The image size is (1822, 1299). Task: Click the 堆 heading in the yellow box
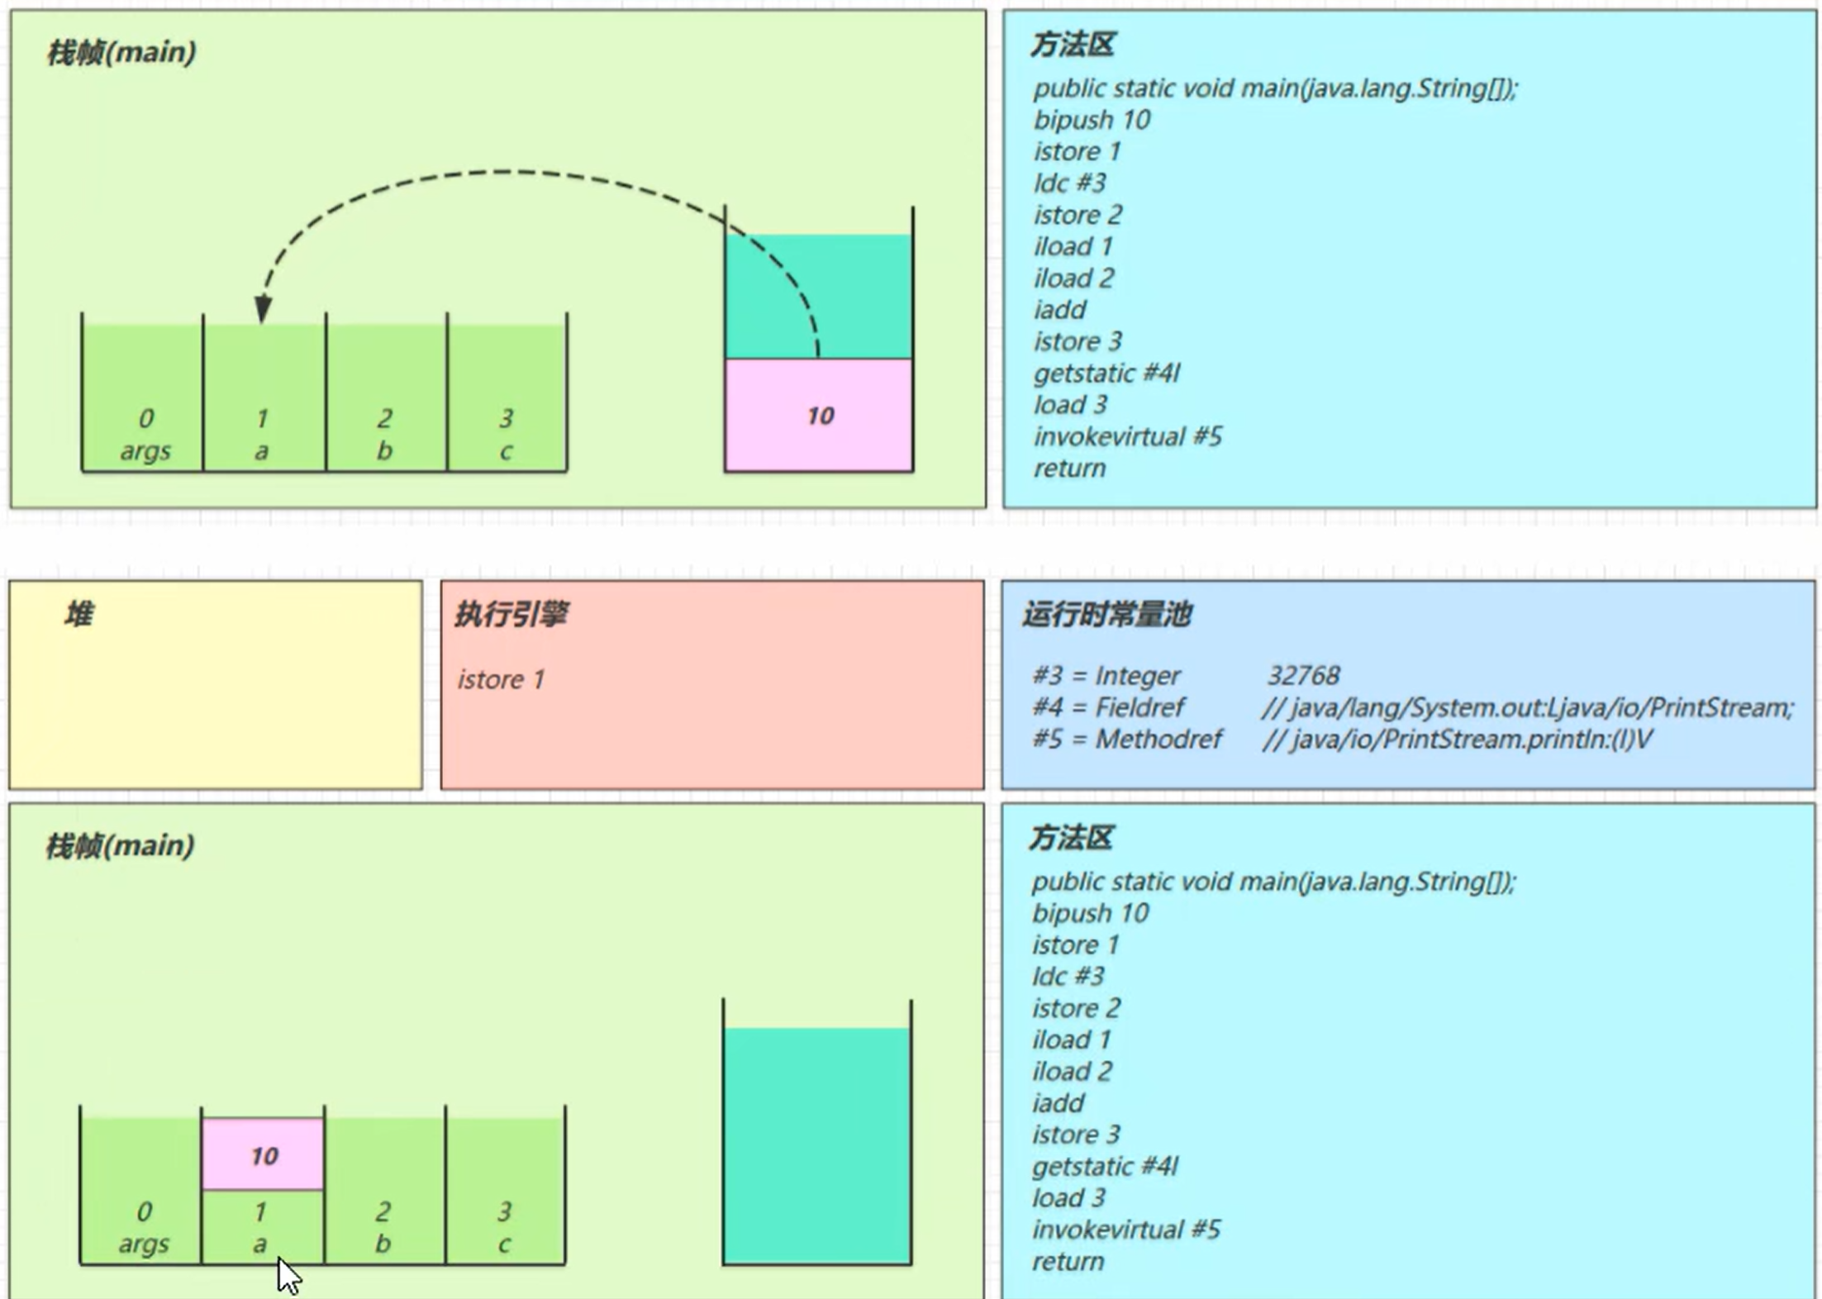click(x=79, y=614)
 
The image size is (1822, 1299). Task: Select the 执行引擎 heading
click(x=511, y=614)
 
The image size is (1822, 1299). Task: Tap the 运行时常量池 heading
click(x=1106, y=614)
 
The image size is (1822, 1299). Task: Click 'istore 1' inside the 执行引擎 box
click(x=501, y=679)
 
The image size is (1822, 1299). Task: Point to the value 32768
click(x=1303, y=675)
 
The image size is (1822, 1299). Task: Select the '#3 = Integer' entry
click(x=1106, y=675)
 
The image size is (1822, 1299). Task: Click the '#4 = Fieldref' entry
click(x=1108, y=707)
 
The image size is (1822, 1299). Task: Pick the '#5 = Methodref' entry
click(x=1127, y=739)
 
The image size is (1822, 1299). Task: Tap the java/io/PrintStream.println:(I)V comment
click(x=1458, y=739)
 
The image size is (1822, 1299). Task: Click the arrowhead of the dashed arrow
click(x=263, y=309)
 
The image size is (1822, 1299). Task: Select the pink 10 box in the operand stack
click(x=819, y=415)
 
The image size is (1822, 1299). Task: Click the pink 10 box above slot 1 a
click(x=264, y=1154)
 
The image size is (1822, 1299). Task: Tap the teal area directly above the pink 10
click(x=819, y=296)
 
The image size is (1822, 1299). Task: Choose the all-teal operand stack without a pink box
click(x=817, y=1144)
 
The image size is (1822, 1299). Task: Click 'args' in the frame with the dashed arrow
click(x=145, y=451)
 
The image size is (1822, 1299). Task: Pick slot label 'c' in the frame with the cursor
click(x=504, y=1244)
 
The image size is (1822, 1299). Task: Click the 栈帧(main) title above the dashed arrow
click(x=121, y=53)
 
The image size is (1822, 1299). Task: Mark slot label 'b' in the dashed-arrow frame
click(x=384, y=451)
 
